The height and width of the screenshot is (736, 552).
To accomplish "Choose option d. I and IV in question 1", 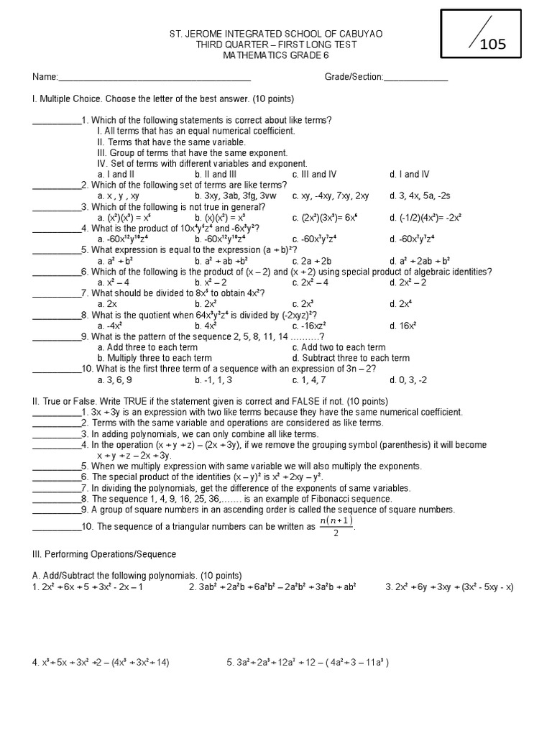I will [x=410, y=174].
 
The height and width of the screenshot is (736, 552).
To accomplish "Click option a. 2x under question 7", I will [x=107, y=303].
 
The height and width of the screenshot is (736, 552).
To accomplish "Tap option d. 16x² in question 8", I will [x=403, y=325].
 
